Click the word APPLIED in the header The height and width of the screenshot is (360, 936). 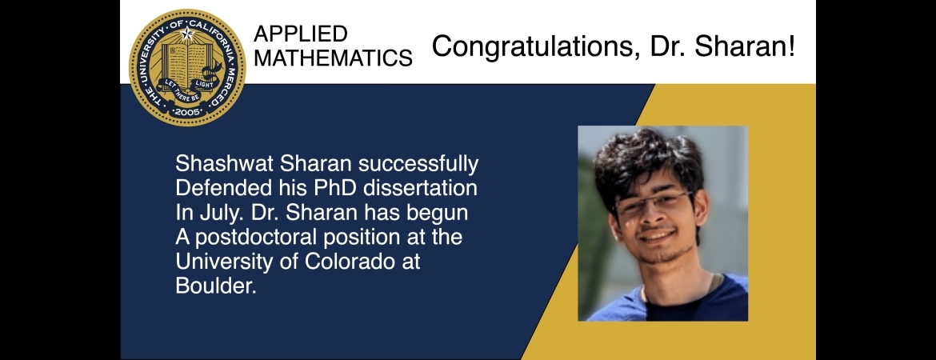coord(301,34)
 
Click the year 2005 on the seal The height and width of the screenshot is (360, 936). coord(187,111)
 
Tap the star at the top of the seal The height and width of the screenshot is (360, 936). coord(187,33)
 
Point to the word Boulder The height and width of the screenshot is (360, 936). coord(215,286)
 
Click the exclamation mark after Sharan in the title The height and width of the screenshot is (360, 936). coord(791,46)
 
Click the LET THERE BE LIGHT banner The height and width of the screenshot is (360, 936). coord(188,88)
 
